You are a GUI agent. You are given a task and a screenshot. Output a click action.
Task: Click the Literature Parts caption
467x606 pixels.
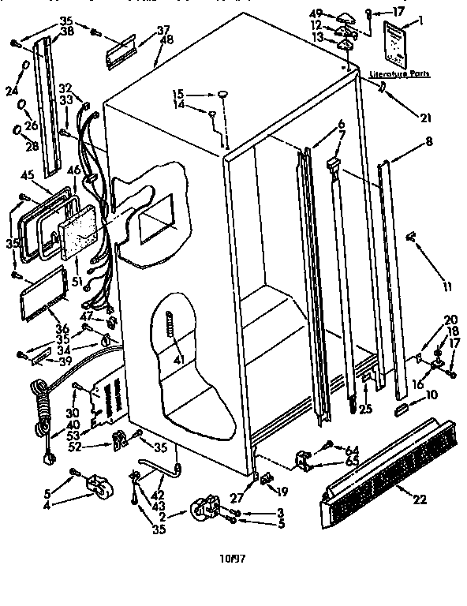[400, 73]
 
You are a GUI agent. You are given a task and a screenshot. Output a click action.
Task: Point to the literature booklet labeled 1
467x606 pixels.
[395, 47]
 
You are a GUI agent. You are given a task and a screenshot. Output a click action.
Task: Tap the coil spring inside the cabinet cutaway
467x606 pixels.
[169, 325]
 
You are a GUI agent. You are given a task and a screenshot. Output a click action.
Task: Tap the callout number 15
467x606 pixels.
[179, 94]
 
